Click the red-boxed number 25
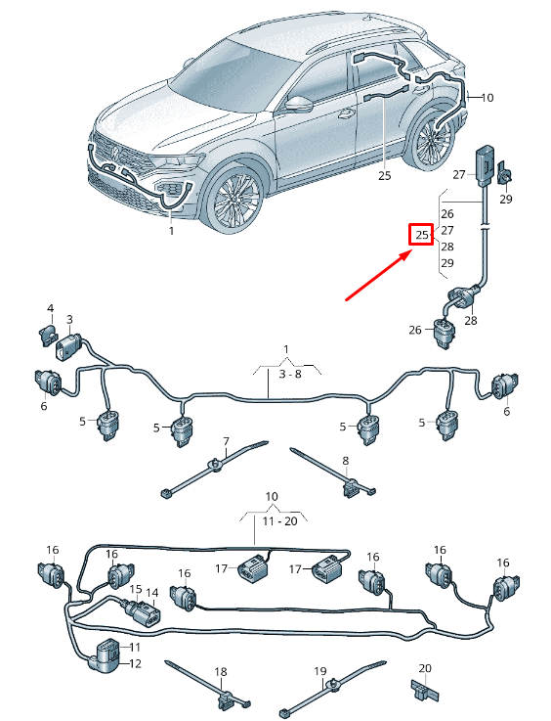point(421,235)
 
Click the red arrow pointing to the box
point(378,276)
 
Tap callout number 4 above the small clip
point(51,308)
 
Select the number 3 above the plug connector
point(69,319)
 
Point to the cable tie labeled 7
point(214,468)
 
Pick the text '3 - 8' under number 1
point(290,374)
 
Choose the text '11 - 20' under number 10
point(279,521)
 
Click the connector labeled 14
point(150,616)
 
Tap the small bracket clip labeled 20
point(424,691)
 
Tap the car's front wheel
point(235,199)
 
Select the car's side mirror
point(299,104)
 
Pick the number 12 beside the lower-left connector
point(135,663)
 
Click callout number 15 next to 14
point(136,589)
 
